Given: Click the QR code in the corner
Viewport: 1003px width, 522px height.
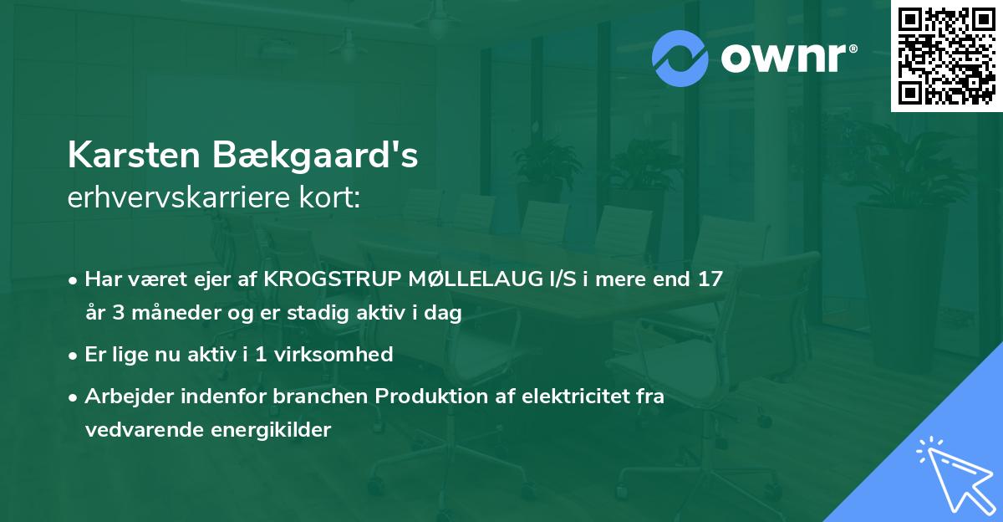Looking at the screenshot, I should click(946, 56).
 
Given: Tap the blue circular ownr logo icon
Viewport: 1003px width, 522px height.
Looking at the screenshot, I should click(681, 59).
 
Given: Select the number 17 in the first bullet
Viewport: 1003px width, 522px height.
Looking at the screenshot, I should click(710, 279).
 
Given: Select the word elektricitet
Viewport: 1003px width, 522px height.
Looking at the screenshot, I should click(562, 397).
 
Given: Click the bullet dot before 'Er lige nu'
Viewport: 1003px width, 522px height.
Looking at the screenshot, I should click(74, 356).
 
